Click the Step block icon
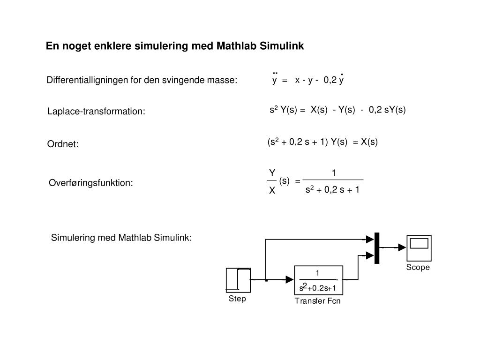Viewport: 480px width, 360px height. pyautogui.click(x=238, y=280)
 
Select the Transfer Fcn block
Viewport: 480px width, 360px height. pyautogui.click(x=318, y=280)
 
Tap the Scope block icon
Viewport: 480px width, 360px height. pyautogui.click(x=419, y=248)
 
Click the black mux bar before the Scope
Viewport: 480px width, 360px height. pyautogui.click(x=376, y=248)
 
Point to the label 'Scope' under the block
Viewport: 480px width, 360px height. pyautogui.click(x=418, y=268)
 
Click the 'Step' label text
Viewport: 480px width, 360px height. pyautogui.click(x=237, y=299)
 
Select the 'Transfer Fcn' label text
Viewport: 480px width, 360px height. pyautogui.click(x=317, y=301)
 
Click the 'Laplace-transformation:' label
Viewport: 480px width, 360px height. pyautogui.click(x=96, y=112)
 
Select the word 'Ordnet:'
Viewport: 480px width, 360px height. pyautogui.click(x=63, y=144)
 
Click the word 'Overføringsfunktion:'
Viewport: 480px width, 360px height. pyautogui.click(x=91, y=183)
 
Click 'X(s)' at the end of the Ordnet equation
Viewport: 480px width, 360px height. pyautogui.click(x=369, y=142)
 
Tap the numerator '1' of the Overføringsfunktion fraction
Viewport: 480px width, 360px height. pyautogui.click(x=333, y=173)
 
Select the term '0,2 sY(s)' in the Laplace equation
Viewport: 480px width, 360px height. pyautogui.click(x=387, y=110)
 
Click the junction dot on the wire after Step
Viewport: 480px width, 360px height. pyautogui.click(x=266, y=280)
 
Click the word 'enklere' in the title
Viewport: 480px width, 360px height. pyautogui.click(x=115, y=46)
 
